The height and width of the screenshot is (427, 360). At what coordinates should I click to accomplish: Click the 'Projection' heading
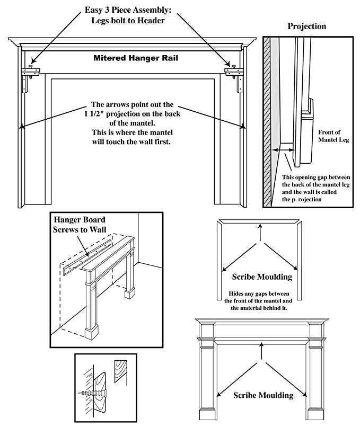306,26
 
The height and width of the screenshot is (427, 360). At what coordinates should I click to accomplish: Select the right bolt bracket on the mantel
234,72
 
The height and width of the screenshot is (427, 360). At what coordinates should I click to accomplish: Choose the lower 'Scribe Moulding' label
263,395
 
